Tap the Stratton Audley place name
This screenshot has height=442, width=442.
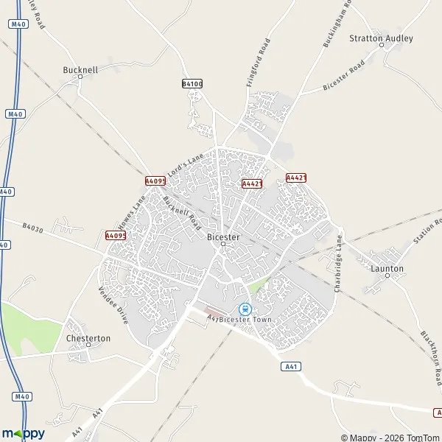pyautogui.click(x=382, y=38)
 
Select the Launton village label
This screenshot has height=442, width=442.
pyautogui.click(x=387, y=269)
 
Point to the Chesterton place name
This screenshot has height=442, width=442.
pyautogui.click(x=88, y=338)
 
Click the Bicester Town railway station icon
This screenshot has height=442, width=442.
pyautogui.click(x=245, y=309)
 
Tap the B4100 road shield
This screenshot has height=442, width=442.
pyautogui.click(x=192, y=84)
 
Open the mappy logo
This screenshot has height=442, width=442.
pyautogui.click(x=24, y=433)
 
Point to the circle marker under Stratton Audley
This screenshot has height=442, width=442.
pyautogui.click(x=382, y=45)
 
